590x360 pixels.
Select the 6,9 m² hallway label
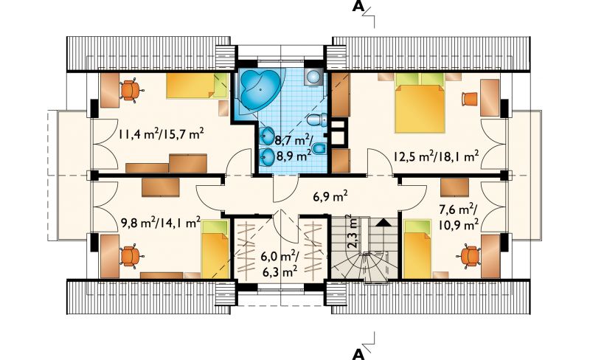coord(330,195)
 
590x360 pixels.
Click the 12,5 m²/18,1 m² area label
coord(436,156)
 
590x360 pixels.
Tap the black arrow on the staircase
coord(383,222)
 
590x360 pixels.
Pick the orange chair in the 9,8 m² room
coord(130,256)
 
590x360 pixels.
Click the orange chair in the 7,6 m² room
coord(468,257)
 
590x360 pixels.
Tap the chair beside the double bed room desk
coord(469,99)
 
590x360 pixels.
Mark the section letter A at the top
coord(358,7)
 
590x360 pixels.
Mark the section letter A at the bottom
coord(358,354)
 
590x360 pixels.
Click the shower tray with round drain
coord(313,78)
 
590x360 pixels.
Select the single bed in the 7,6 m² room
coord(417,249)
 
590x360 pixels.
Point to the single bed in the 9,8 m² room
coord(215,249)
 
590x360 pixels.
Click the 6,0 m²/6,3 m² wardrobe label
coord(280,265)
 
